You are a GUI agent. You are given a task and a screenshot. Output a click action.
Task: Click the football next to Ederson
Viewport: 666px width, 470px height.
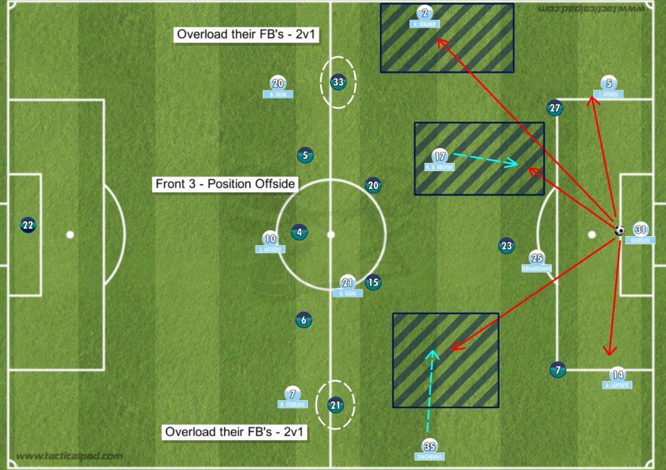[620, 231]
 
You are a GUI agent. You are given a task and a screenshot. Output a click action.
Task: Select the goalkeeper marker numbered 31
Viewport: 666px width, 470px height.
[641, 229]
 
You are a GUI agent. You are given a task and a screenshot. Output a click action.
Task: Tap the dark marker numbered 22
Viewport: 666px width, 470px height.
[28, 225]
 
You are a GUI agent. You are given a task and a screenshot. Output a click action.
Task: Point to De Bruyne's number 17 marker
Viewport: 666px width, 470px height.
[440, 157]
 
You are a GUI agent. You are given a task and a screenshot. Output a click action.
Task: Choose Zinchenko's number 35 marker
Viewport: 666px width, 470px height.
[429, 446]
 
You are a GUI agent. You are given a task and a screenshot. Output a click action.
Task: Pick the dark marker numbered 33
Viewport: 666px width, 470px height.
[338, 83]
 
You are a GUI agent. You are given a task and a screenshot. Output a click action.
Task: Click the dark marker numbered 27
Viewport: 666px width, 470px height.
[554, 108]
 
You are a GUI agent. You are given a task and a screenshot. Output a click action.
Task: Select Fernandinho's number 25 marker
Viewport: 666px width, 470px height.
[537, 258]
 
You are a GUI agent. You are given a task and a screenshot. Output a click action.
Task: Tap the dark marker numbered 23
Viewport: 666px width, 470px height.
[506, 246]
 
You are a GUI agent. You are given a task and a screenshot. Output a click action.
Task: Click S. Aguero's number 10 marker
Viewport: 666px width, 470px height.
[270, 239]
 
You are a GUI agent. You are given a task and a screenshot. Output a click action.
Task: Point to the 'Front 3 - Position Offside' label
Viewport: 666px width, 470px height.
[226, 184]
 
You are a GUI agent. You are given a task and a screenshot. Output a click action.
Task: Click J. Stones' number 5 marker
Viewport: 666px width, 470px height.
[608, 84]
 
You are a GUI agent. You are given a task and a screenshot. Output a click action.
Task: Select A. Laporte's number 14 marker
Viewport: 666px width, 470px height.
[617, 374]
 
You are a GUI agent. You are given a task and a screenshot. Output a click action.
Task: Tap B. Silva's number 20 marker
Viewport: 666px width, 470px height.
[277, 84]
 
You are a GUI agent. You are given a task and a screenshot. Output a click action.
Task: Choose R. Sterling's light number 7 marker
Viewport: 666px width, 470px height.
[292, 394]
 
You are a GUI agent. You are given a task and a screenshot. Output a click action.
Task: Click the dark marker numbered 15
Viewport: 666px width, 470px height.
[373, 283]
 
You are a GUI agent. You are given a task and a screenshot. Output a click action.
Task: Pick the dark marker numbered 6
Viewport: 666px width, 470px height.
[303, 319]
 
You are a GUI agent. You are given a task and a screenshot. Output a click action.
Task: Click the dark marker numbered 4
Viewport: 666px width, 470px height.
[299, 232]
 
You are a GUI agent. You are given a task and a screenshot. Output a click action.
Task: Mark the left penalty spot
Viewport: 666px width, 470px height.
[70, 234]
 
